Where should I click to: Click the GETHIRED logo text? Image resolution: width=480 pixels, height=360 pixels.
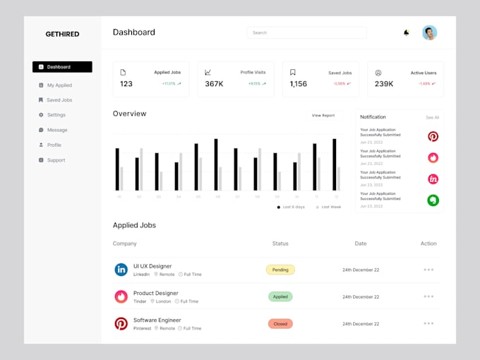62,34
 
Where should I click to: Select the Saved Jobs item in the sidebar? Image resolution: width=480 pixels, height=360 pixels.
59,100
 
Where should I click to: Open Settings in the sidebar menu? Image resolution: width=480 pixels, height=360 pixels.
56,115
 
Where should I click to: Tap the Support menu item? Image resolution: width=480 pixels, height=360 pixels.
56,160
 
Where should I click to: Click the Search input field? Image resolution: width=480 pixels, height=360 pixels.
306,32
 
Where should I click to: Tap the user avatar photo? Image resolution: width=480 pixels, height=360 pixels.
429,32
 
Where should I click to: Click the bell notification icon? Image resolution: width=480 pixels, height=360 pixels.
406,32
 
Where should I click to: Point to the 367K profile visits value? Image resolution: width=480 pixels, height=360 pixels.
215,84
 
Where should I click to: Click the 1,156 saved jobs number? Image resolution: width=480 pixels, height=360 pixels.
298,84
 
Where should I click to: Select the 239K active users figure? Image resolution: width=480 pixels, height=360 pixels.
384,84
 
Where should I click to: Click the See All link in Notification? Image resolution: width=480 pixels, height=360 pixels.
432,117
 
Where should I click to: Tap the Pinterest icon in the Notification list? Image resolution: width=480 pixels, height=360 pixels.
433,136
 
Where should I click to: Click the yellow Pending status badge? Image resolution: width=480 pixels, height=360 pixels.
280,270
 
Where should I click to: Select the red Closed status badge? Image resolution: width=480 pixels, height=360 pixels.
280,323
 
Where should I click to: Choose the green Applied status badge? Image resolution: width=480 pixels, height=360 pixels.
280,296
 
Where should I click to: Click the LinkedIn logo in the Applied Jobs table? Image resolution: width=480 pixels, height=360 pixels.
121,270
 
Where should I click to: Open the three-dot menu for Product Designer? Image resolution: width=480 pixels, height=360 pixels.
428,296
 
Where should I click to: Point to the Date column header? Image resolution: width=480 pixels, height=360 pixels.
361,244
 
